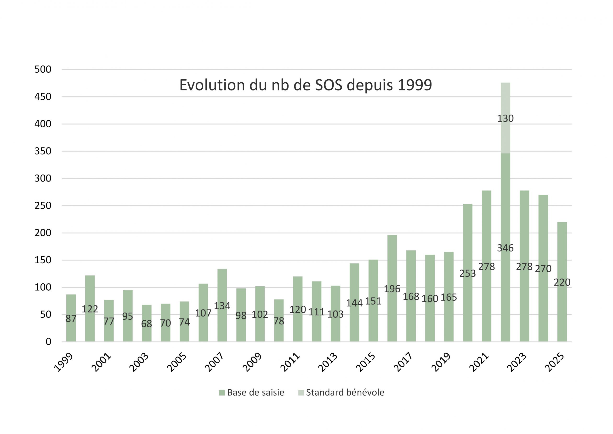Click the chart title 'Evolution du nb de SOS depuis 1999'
[306, 85]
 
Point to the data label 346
[505, 248]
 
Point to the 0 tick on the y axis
[48, 342]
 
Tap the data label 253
[467, 273]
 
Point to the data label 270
[543, 269]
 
